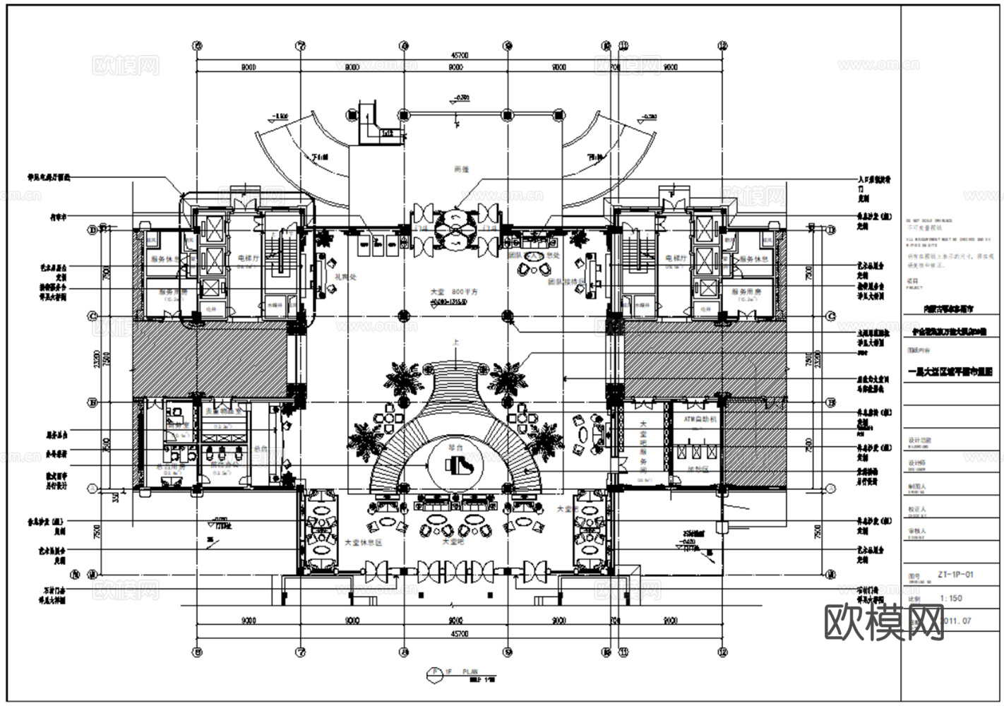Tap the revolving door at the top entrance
(456, 227)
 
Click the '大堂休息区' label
(363, 542)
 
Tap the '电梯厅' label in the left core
(249, 258)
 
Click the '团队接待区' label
(567, 281)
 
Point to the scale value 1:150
(951, 598)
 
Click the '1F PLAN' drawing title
(460, 671)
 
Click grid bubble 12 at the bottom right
(722, 651)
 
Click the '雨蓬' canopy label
(462, 169)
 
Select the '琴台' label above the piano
(455, 448)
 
